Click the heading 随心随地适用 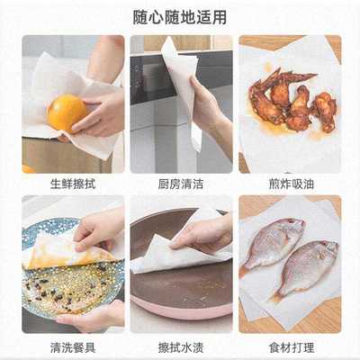click(180, 16)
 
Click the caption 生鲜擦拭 click(73, 184)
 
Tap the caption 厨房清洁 click(180, 184)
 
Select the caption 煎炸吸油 click(289, 184)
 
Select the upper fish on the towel click(274, 241)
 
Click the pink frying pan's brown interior click(180, 288)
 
